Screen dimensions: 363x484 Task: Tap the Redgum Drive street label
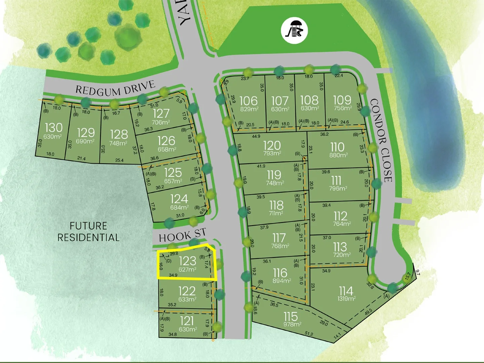(115, 88)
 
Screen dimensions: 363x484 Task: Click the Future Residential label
(88, 232)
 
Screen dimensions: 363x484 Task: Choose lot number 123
(187, 261)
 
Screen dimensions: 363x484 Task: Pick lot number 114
(346, 290)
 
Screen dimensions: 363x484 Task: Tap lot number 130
(53, 127)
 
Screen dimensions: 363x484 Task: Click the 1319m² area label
(347, 298)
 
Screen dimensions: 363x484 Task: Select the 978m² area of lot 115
(292, 324)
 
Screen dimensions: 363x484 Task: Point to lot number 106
(248, 100)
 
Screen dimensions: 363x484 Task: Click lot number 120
(272, 145)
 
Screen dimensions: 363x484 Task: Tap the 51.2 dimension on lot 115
(309, 334)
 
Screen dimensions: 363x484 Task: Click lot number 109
(342, 100)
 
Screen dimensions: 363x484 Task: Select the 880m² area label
(338, 155)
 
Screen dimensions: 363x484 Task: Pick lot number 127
(161, 114)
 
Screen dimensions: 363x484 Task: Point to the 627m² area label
(188, 270)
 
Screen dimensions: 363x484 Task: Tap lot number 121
(187, 321)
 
